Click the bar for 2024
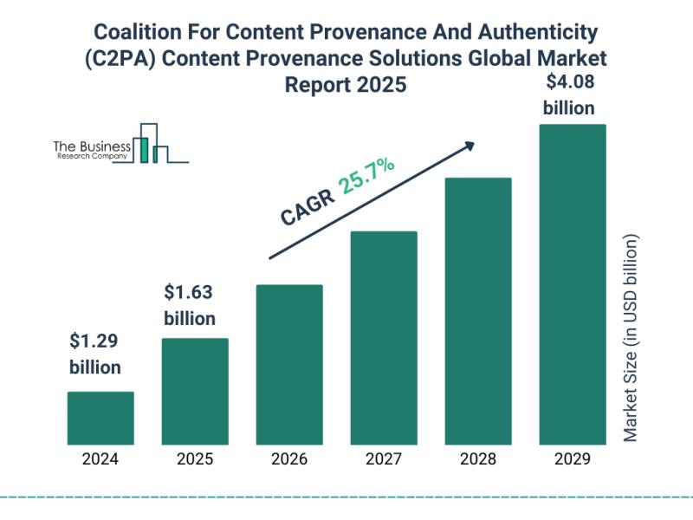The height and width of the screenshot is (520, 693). click(x=100, y=418)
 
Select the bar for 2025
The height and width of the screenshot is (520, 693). click(x=195, y=391)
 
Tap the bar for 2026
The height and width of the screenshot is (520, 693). click(x=289, y=364)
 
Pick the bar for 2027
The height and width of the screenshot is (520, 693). click(x=384, y=337)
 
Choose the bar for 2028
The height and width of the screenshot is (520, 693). click(x=478, y=310)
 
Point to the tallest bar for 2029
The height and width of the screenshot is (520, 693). click(x=573, y=283)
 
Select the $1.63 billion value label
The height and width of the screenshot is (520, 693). click(x=190, y=304)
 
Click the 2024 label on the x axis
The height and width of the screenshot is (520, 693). click(x=100, y=460)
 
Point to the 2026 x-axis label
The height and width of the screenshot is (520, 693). click(x=289, y=460)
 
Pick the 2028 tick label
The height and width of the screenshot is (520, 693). click(x=478, y=460)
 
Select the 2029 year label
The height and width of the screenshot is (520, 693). click(x=573, y=460)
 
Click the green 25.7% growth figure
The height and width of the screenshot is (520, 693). click(x=367, y=178)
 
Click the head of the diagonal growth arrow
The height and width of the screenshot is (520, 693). click(x=470, y=146)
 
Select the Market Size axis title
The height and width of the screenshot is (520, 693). click(x=631, y=338)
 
